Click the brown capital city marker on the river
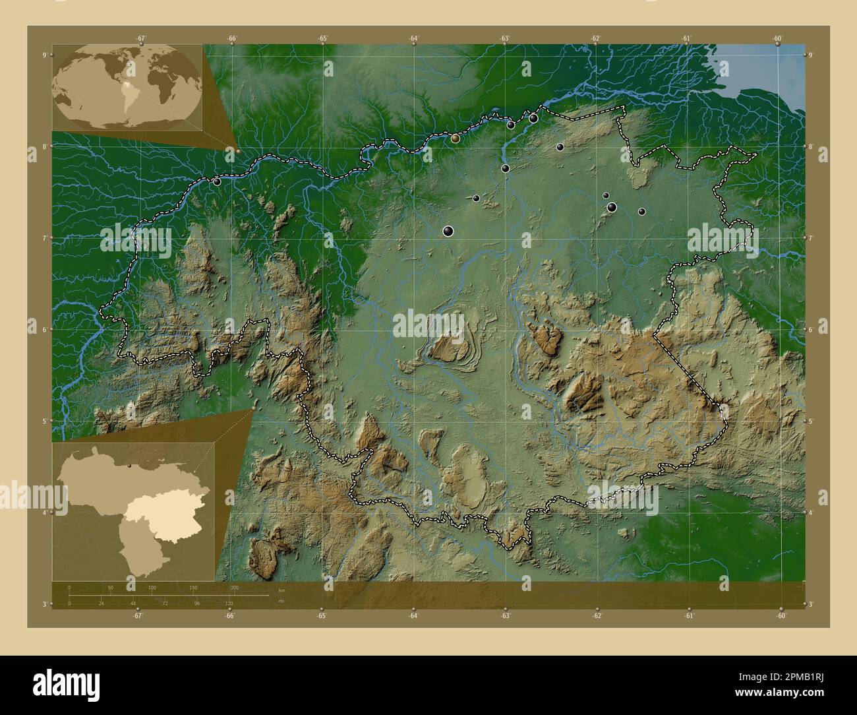456,139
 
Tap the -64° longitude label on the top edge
413,38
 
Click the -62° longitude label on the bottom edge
596,616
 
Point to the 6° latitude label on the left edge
44,329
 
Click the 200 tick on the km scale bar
234,587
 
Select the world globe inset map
127,87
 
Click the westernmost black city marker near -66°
217,181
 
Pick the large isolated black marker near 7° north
448,230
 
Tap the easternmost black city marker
641,212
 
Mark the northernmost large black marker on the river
533,118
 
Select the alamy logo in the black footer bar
66,685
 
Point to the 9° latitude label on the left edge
44,55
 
